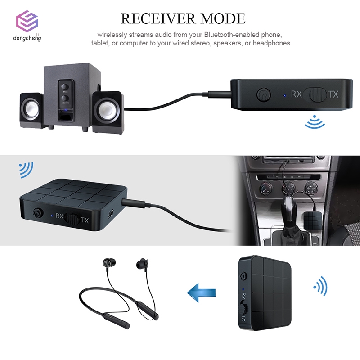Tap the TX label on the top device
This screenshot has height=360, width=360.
pos(333,94)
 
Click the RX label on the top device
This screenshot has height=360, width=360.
pos(296,94)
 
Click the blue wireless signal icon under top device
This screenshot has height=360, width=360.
pos(314,122)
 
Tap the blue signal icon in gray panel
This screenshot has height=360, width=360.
pos(26,170)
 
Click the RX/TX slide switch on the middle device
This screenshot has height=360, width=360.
pos(72,219)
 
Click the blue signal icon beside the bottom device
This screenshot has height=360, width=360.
pos(320,286)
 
